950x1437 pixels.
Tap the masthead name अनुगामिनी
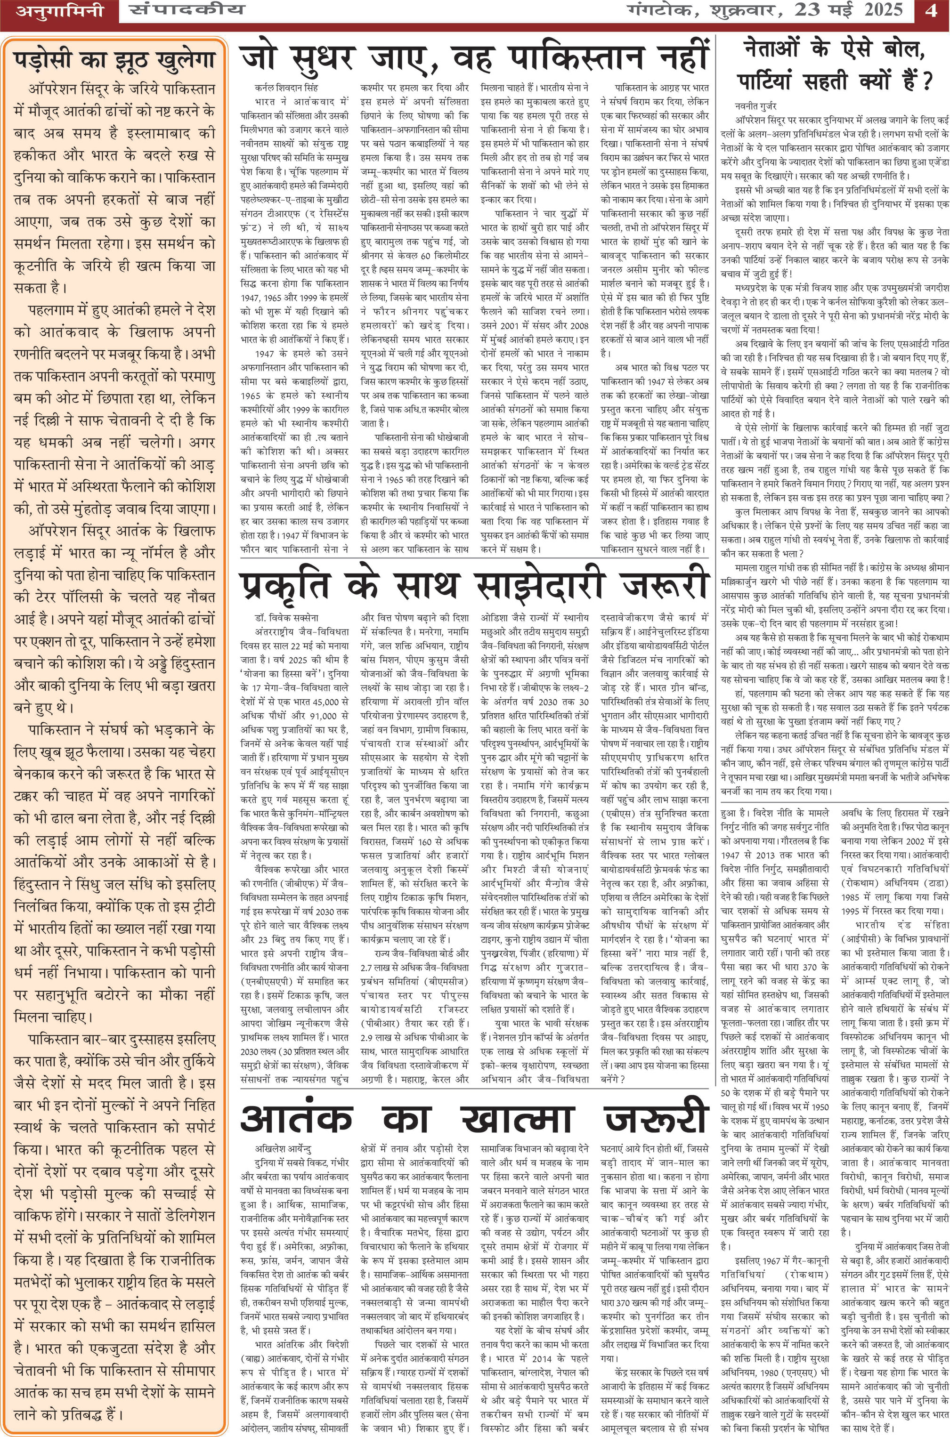pos(59,11)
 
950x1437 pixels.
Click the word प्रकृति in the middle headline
pos(285,349)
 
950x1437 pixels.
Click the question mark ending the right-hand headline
pos(925,81)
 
